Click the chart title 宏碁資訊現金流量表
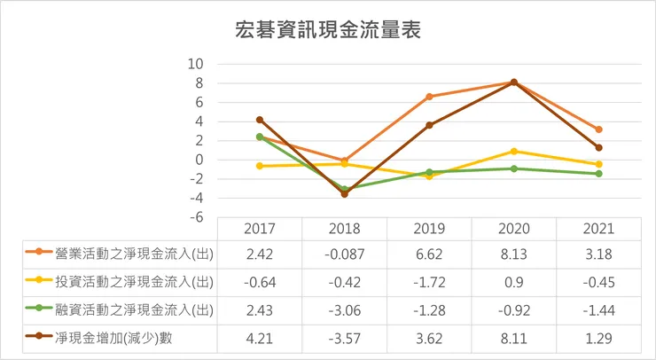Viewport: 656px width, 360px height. pos(328,29)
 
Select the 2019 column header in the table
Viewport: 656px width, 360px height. pos(430,229)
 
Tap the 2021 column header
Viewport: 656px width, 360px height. pos(599,229)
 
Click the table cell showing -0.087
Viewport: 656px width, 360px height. pos(345,255)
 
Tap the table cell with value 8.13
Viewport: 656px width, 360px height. pos(514,255)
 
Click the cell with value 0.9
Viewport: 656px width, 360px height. pos(514,282)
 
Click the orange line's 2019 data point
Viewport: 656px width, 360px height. pos(430,97)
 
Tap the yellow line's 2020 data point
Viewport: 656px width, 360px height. pos(514,152)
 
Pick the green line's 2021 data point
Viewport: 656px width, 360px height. pos(599,174)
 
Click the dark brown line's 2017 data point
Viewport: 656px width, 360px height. pos(260,120)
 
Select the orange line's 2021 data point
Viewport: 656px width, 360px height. pos(599,129)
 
